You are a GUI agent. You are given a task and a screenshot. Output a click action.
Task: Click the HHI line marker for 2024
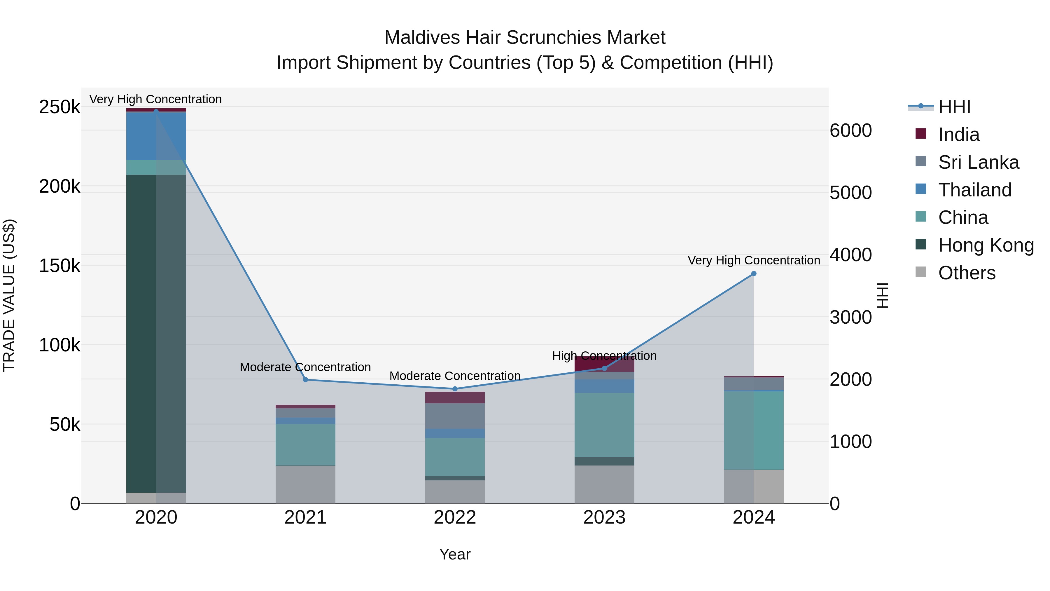click(x=754, y=274)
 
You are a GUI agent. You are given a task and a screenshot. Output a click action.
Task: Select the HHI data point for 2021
click(x=306, y=380)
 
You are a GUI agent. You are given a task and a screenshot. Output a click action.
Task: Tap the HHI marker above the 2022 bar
click(x=455, y=389)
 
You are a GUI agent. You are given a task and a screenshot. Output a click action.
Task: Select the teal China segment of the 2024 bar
click(x=754, y=430)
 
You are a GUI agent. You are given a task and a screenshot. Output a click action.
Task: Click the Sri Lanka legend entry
click(x=978, y=162)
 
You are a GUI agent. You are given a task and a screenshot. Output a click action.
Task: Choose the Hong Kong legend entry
click(x=986, y=245)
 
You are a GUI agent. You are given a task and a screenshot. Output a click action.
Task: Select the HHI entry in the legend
click(x=954, y=107)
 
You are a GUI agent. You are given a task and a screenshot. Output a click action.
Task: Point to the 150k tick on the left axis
click(x=60, y=266)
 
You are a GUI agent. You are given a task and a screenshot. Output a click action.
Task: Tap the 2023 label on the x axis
click(x=605, y=517)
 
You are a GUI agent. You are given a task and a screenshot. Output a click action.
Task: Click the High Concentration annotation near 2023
click(x=605, y=356)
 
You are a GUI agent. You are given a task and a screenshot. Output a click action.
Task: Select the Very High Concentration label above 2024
click(x=754, y=260)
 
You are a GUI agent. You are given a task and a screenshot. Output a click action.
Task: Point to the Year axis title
click(x=455, y=554)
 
